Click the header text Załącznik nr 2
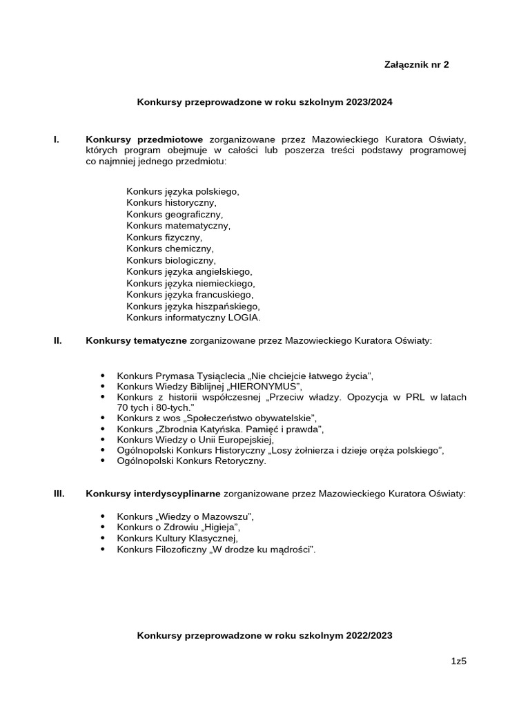(416, 65)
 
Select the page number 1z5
(459, 661)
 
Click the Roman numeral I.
(57, 139)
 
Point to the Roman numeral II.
(58, 340)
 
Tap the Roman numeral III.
(59, 494)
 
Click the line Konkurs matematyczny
(178, 226)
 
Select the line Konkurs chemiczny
(170, 249)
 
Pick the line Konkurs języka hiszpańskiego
(193, 306)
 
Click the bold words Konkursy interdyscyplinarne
(153, 494)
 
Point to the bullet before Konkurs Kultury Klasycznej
(104, 539)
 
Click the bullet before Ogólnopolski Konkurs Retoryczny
(104, 461)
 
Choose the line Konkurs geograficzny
(175, 214)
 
